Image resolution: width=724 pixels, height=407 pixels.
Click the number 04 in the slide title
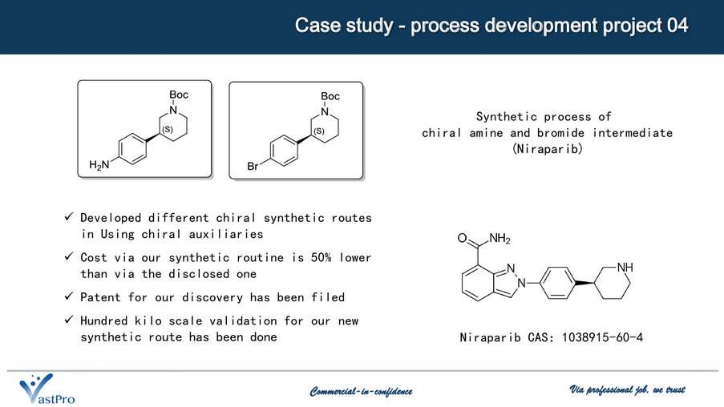click(x=677, y=26)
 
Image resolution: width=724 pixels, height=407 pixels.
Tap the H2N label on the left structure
click(x=99, y=165)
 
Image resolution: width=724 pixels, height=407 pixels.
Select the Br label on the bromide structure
click(x=253, y=166)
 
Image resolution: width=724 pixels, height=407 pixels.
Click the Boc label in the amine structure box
click(x=179, y=95)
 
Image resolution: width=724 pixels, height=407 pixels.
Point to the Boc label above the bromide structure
click(x=330, y=96)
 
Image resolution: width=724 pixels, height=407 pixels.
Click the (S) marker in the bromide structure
click(x=319, y=131)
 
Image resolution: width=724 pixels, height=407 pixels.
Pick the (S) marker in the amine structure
click(x=168, y=129)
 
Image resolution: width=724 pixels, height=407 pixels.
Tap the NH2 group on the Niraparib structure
click(x=500, y=239)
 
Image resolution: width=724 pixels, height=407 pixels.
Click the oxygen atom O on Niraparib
click(x=462, y=238)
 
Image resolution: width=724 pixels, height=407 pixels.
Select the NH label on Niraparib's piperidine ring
click(x=625, y=267)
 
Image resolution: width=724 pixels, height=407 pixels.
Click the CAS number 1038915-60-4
click(x=602, y=337)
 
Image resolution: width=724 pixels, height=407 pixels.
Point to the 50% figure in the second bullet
click(x=321, y=257)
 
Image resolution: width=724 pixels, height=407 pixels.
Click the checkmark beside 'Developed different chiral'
click(x=69, y=216)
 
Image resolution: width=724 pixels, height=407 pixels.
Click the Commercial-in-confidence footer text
click(x=361, y=391)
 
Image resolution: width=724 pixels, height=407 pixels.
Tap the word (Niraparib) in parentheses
click(x=547, y=148)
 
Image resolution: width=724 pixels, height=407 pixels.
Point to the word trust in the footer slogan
click(x=676, y=390)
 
